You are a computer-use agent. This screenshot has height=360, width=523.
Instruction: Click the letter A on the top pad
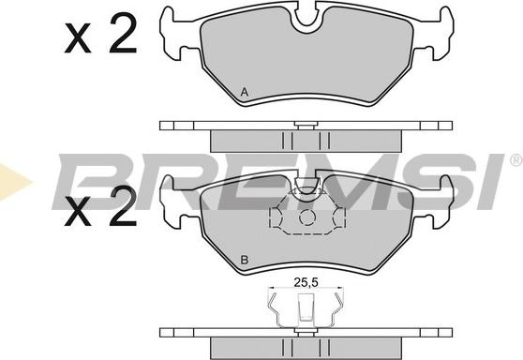point(245,92)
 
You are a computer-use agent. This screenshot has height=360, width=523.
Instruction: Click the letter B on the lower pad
point(245,260)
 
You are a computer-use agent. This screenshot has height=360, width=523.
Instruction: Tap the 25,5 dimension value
point(306,282)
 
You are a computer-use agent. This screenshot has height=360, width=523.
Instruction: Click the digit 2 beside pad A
point(123,33)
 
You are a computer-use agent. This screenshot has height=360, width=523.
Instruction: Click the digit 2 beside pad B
point(123,205)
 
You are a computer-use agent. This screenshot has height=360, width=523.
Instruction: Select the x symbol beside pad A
point(78,38)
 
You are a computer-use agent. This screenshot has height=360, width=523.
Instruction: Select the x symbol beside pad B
point(78,211)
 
